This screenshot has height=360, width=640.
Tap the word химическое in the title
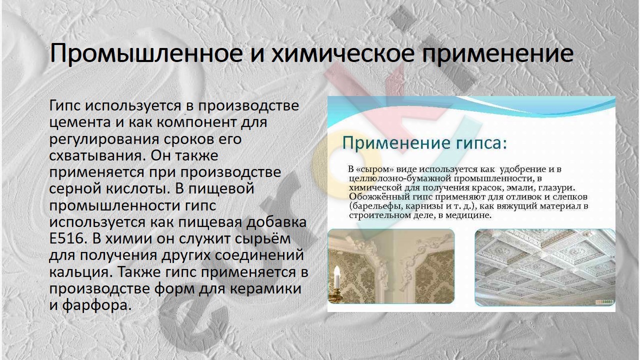click(x=342, y=54)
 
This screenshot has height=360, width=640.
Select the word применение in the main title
click(x=497, y=54)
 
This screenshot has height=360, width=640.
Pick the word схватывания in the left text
click(x=97, y=156)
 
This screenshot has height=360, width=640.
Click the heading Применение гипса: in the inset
click(x=424, y=143)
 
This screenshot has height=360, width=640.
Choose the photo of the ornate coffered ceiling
click(x=545, y=267)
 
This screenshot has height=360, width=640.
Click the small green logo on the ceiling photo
click(x=604, y=301)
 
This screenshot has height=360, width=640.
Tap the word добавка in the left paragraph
click(x=276, y=222)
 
